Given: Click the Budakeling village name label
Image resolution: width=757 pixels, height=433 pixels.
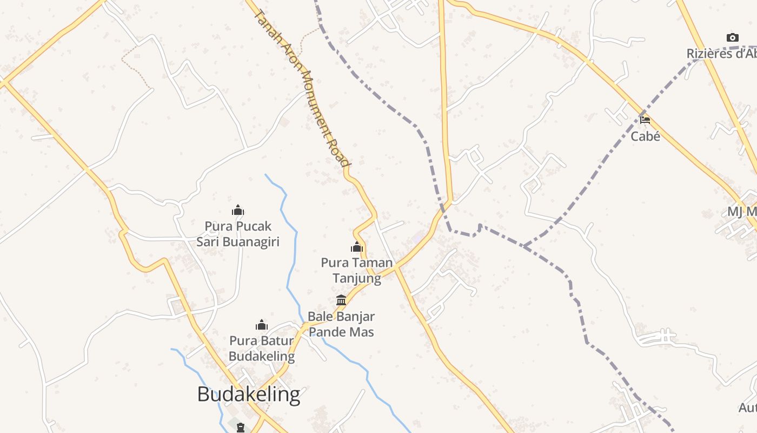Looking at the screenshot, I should coord(248,395).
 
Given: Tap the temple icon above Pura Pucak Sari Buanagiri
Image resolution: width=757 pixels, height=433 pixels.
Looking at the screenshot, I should coord(238,211).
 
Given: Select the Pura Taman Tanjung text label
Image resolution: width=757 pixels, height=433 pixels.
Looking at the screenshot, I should coord(357,270).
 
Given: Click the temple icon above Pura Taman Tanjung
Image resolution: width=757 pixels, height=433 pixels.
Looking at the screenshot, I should coord(357,247).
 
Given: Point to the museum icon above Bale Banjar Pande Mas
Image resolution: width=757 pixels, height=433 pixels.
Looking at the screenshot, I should coord(341,300).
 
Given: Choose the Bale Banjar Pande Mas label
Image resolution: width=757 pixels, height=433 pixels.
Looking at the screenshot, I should coord(341,324).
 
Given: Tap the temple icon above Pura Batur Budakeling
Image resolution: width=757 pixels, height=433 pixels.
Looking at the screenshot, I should coord(262,325).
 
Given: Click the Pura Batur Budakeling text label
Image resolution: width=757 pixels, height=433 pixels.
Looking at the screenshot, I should coord(262,349).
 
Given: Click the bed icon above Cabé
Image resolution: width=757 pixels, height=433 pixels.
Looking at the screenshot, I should coord(645,120).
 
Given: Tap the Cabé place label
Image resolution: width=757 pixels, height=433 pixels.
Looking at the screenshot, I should coord(645,136).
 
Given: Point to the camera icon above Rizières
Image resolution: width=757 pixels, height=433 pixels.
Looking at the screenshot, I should coord(733,37).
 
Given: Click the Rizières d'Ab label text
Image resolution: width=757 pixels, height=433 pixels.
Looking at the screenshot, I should coord(721,54).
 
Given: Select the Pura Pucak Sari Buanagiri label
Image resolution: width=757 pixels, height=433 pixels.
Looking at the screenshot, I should coord(238,233).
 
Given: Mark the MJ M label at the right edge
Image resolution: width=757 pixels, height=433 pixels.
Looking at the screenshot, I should coord(742,212).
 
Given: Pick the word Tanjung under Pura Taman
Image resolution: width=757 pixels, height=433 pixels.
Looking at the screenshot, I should coord(357,278).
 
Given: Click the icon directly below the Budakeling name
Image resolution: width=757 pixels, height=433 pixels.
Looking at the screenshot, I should coord(241,427).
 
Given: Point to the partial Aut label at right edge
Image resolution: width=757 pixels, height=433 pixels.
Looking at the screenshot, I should coord(748,408).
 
